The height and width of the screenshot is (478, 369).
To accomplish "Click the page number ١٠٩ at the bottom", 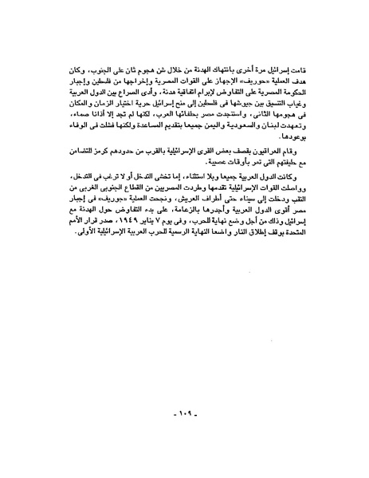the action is tap(186, 416).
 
